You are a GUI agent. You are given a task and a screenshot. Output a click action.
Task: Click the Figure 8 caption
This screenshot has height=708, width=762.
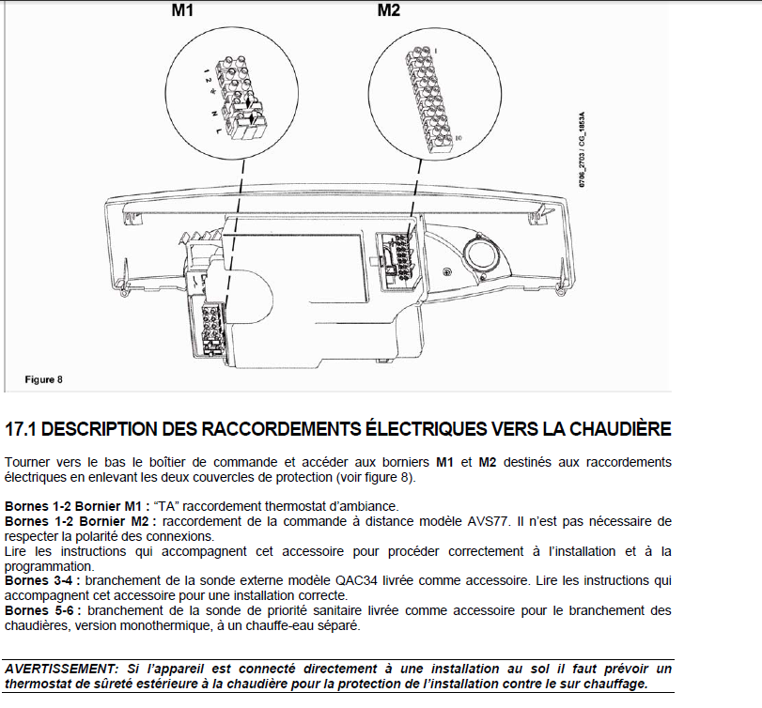(x=43, y=379)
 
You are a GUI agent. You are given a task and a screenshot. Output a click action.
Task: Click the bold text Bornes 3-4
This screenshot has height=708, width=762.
(x=40, y=580)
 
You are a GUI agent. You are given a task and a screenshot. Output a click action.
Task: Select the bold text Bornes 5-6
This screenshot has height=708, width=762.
(x=40, y=610)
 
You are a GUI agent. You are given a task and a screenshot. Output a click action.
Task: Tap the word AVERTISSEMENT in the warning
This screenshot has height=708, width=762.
(x=61, y=669)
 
